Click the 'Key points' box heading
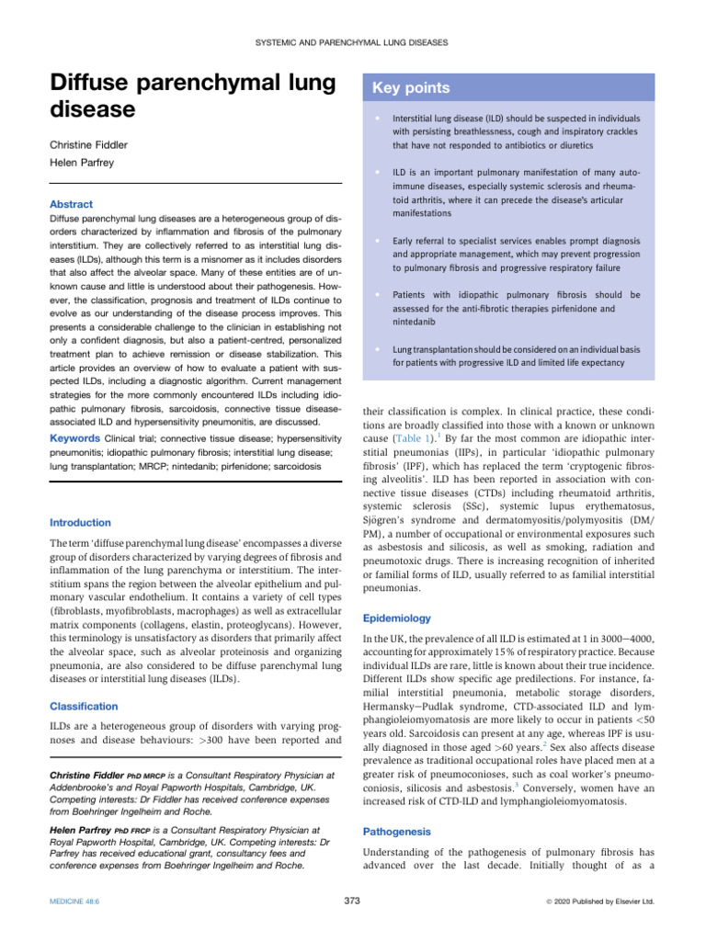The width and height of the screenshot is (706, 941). click(410, 88)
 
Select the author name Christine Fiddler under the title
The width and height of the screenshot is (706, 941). click(90, 144)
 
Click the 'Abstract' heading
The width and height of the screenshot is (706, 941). click(71, 204)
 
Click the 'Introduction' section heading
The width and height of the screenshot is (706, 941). click(80, 522)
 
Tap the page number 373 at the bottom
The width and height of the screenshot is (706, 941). click(351, 900)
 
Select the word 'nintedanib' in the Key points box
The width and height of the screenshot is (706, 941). click(416, 323)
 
